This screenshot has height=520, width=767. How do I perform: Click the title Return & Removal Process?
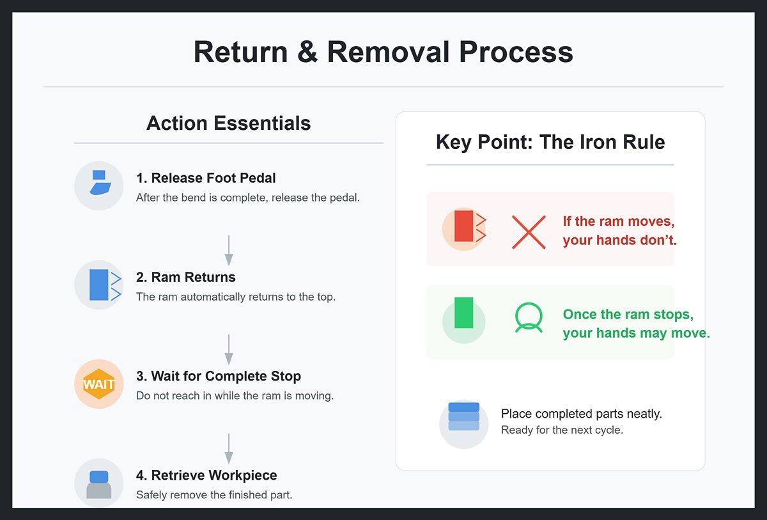(x=383, y=52)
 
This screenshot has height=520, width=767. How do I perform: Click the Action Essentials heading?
(x=228, y=123)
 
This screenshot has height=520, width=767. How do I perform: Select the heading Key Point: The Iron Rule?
(x=550, y=141)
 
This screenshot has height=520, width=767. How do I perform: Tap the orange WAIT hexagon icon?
(x=98, y=384)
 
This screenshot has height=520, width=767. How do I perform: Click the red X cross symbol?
(x=529, y=232)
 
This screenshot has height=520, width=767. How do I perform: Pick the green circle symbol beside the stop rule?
(x=529, y=317)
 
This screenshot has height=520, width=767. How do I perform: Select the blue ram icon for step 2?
(x=98, y=285)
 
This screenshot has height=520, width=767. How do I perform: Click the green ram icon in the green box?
(x=464, y=313)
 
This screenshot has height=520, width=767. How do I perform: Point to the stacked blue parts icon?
(x=463, y=416)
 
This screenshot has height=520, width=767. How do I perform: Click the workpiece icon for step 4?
(x=98, y=484)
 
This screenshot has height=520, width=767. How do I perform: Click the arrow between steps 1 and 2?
(x=229, y=250)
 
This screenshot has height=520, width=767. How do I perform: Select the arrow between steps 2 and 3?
(x=229, y=349)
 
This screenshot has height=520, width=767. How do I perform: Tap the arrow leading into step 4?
(x=229, y=448)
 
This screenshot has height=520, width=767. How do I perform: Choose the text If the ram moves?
(x=618, y=221)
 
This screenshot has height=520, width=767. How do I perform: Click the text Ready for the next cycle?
(x=562, y=430)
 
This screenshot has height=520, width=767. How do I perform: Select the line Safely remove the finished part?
(x=214, y=494)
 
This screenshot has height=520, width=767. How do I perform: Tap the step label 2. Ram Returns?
(x=186, y=277)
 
